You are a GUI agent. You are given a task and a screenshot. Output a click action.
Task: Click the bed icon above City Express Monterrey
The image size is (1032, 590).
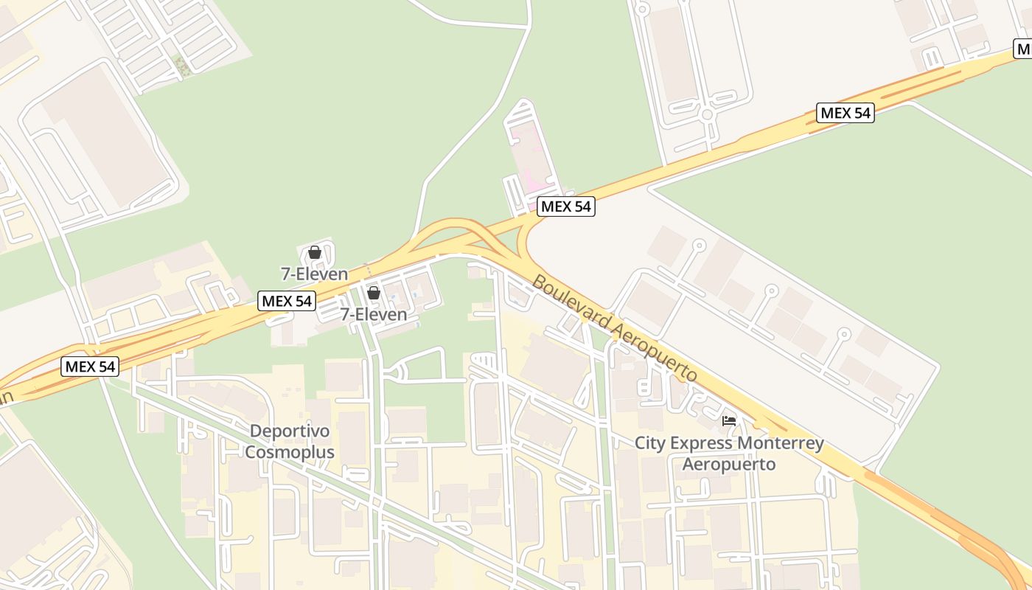(x=729, y=421)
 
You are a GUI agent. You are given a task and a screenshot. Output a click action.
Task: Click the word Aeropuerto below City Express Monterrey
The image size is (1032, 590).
(x=728, y=464)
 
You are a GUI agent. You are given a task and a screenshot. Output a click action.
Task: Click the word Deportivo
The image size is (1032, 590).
(x=289, y=431)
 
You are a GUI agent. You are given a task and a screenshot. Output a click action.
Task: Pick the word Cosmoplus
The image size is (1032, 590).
(x=289, y=452)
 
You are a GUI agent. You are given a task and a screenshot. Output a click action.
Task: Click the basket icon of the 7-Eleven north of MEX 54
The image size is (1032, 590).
(x=315, y=253)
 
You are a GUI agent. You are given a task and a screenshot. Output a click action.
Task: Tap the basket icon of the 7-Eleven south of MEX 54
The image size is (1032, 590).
(x=374, y=293)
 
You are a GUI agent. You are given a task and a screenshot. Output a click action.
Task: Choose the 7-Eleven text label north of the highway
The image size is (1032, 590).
(x=314, y=274)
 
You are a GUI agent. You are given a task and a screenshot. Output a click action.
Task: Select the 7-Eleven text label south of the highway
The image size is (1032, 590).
(x=373, y=314)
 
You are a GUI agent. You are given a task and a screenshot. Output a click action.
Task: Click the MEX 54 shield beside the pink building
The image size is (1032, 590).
(x=565, y=206)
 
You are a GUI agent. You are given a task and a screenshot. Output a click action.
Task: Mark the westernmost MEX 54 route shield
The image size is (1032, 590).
(x=90, y=366)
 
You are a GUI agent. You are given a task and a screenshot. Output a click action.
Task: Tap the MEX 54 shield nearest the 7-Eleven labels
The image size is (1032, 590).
(x=287, y=301)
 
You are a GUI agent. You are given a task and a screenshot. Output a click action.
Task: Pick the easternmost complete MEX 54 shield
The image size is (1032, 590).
(x=845, y=113)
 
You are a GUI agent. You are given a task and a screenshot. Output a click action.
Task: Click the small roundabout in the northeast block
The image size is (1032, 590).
(x=706, y=114)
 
